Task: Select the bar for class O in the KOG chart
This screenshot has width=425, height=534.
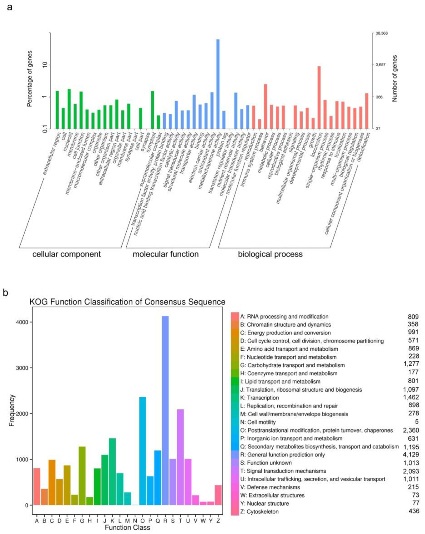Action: pos(143,451)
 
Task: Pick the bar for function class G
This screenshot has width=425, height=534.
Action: pos(82,476)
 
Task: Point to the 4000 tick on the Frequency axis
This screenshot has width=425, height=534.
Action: pos(22,322)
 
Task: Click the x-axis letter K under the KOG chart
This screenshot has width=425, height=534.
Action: pos(112,521)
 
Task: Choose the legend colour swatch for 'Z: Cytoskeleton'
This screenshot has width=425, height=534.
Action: pos(235,511)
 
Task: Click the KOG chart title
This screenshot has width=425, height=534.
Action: pos(127,302)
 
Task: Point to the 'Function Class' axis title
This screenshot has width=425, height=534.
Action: pos(127,528)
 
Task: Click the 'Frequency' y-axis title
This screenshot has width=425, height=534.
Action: pos(12,410)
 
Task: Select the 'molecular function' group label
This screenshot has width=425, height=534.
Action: pos(166,254)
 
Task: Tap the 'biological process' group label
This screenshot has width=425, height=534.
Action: pos(270,254)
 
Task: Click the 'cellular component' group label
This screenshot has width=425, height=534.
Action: pos(67,254)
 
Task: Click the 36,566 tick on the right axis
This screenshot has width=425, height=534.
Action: pos(381,33)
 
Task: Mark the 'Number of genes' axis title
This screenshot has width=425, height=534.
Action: pos(395,79)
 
